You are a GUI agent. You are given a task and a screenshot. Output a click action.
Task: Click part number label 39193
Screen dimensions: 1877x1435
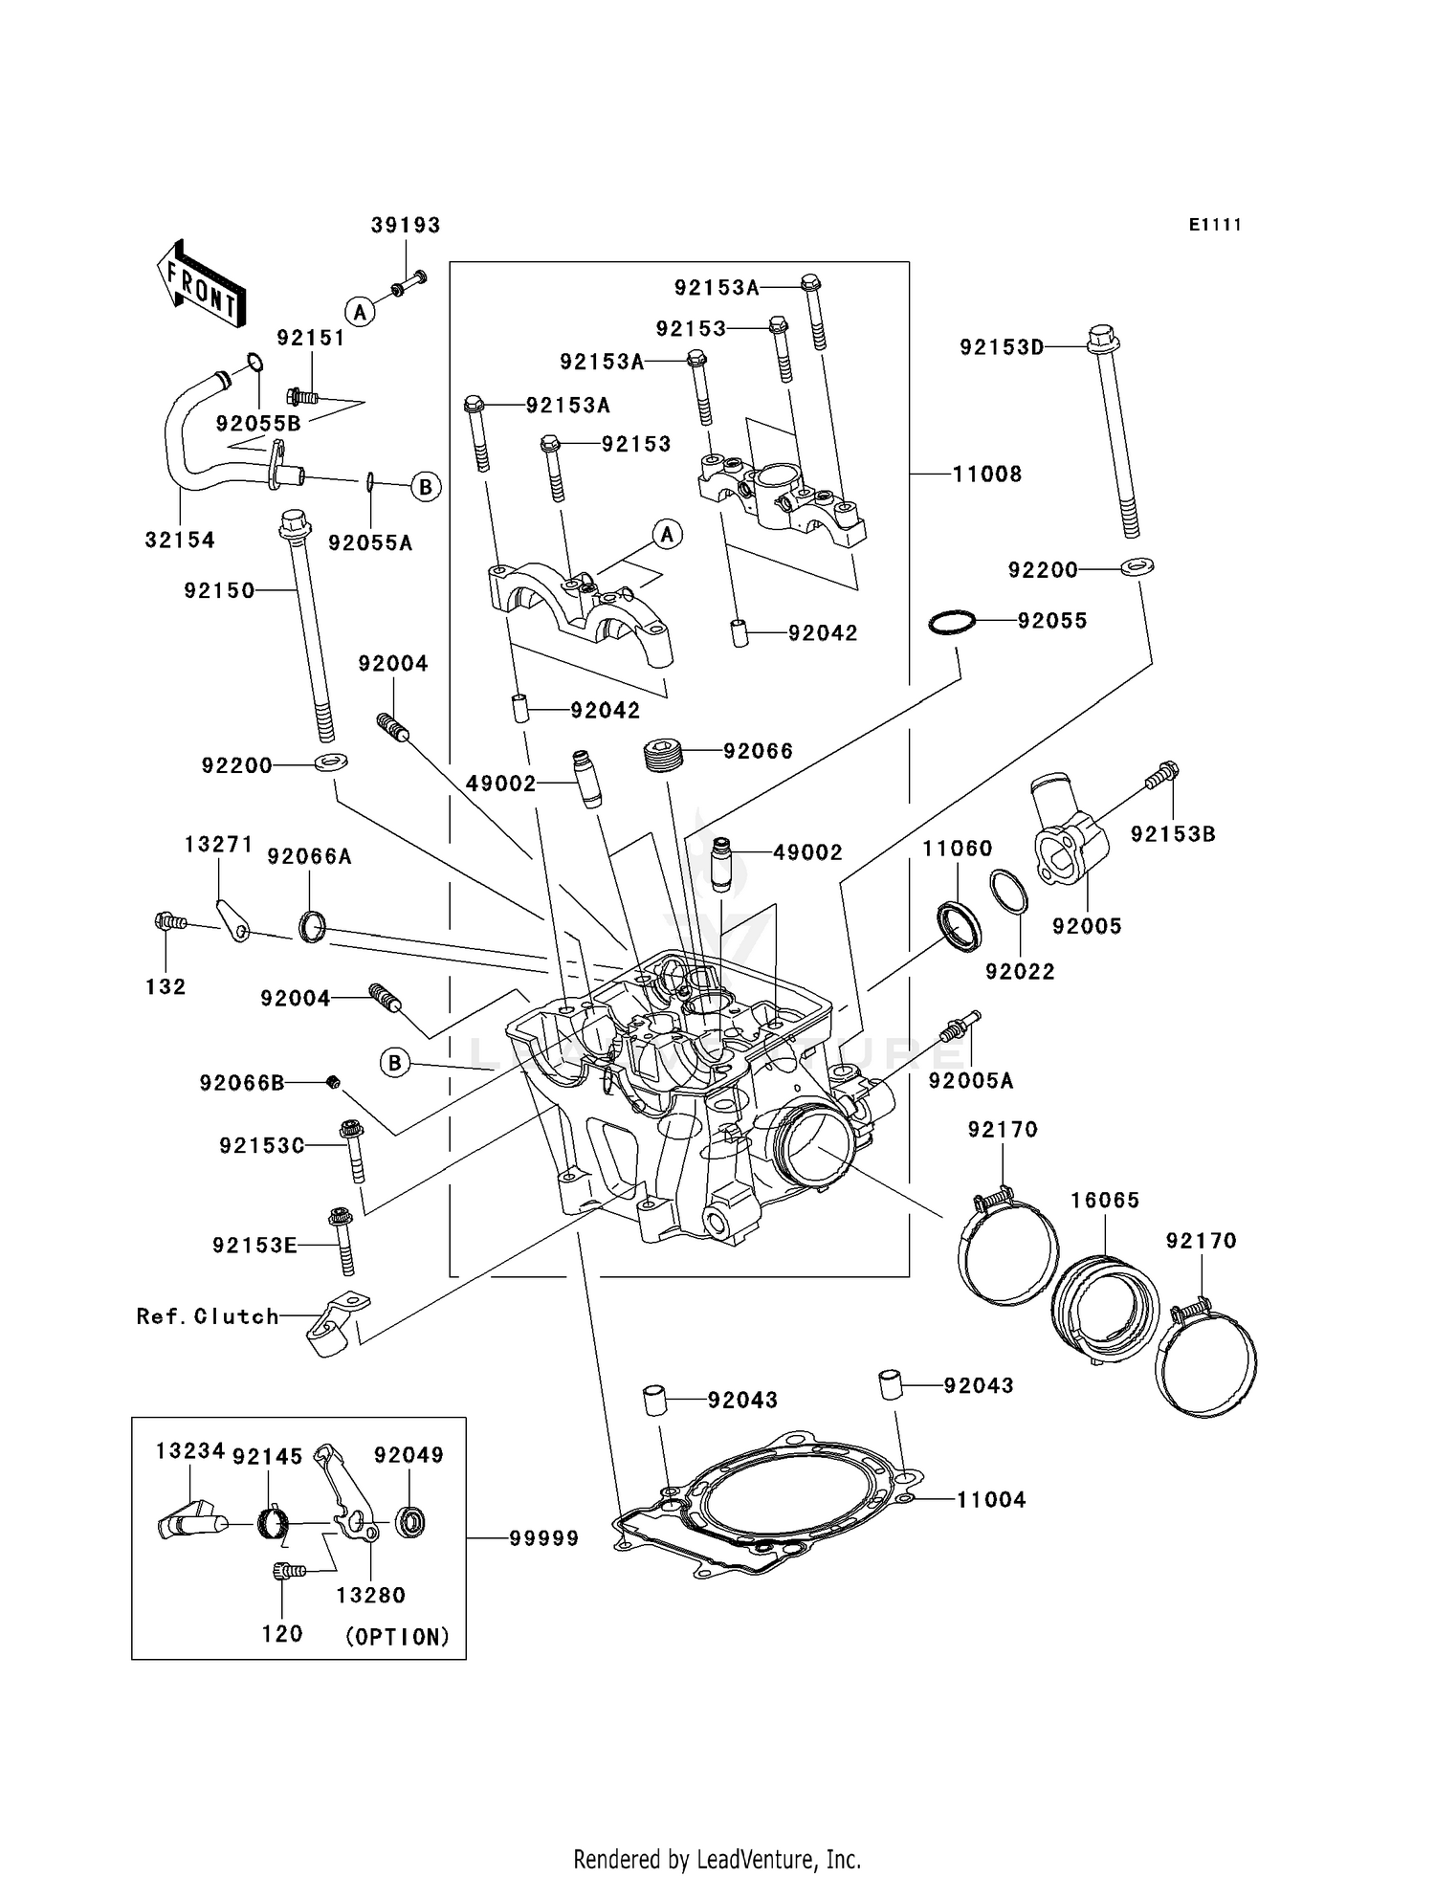click(406, 225)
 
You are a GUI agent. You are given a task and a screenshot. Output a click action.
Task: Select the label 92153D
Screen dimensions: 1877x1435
click(1002, 347)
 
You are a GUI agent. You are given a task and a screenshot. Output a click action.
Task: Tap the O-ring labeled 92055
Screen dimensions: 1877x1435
click(953, 622)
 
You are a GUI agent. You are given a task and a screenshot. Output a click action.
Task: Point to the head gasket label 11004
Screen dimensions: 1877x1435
click(991, 1500)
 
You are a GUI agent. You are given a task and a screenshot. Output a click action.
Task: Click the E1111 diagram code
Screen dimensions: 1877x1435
click(1215, 225)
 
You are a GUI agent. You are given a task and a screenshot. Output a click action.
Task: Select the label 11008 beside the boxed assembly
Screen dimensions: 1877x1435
click(986, 474)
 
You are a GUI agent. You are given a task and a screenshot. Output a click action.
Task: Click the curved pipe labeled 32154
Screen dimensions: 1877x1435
click(181, 450)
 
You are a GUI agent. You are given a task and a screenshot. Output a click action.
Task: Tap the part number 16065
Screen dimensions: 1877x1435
click(1105, 1201)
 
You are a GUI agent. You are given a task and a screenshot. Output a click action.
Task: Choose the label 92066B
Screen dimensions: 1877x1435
click(242, 1083)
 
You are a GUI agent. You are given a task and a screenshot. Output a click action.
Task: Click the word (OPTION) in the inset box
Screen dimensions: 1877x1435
click(397, 1637)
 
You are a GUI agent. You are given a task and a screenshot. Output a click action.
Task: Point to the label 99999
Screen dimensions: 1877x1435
click(543, 1538)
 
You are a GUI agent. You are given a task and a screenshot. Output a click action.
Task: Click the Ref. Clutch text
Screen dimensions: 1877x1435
click(208, 1316)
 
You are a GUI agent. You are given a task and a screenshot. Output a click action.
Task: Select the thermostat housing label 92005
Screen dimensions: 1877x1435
click(1087, 926)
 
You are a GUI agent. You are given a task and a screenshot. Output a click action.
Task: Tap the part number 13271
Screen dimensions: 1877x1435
click(218, 844)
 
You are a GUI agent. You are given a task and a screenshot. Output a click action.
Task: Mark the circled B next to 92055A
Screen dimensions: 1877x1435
click(426, 487)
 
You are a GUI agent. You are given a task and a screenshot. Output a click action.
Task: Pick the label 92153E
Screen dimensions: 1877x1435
click(254, 1246)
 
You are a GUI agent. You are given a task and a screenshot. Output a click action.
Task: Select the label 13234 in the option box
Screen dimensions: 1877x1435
click(189, 1451)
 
